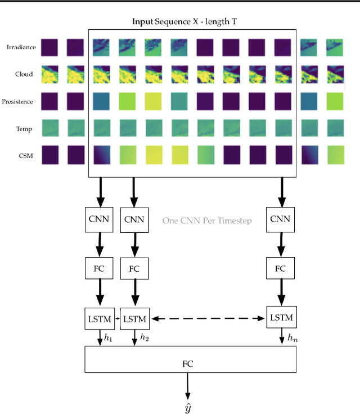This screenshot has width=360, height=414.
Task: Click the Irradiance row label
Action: [x=21, y=47]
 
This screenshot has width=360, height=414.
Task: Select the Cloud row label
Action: [x=24, y=74]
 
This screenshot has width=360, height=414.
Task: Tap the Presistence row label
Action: [x=17, y=102]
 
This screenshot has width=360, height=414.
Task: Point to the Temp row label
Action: [x=24, y=129]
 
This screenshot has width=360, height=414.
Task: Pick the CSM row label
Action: [x=24, y=156]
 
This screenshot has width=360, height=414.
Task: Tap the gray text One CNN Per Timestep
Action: [x=207, y=220]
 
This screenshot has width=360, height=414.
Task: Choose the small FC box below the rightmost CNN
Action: [x=280, y=268]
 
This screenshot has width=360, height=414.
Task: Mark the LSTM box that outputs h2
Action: [x=134, y=319]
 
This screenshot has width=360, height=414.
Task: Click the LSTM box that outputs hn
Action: [x=280, y=318]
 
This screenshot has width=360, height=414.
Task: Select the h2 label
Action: [x=145, y=337]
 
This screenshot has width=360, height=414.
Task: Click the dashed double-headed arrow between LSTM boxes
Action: [x=207, y=319]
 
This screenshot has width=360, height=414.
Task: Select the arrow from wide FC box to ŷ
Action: [x=187, y=386]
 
